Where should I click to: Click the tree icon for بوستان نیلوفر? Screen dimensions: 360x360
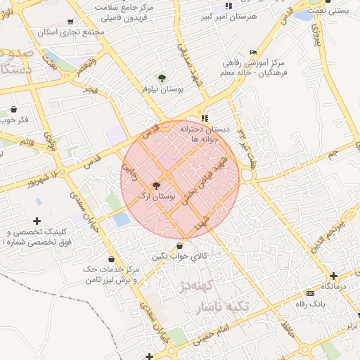coord(162,78)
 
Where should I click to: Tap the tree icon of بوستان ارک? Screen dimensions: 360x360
coord(155,186)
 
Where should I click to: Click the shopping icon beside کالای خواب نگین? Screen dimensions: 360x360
coord(183,245)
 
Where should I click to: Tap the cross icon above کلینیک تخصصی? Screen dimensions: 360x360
coord(37,221)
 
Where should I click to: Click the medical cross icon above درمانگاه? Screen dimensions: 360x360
coord(333,276)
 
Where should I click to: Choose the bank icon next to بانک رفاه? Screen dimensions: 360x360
coord(310,293)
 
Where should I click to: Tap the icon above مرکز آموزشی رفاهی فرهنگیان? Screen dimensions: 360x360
coord(253,53)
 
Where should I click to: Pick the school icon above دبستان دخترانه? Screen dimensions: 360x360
coord(205,118)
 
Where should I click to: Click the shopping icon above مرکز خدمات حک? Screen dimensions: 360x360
coord(112,259)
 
